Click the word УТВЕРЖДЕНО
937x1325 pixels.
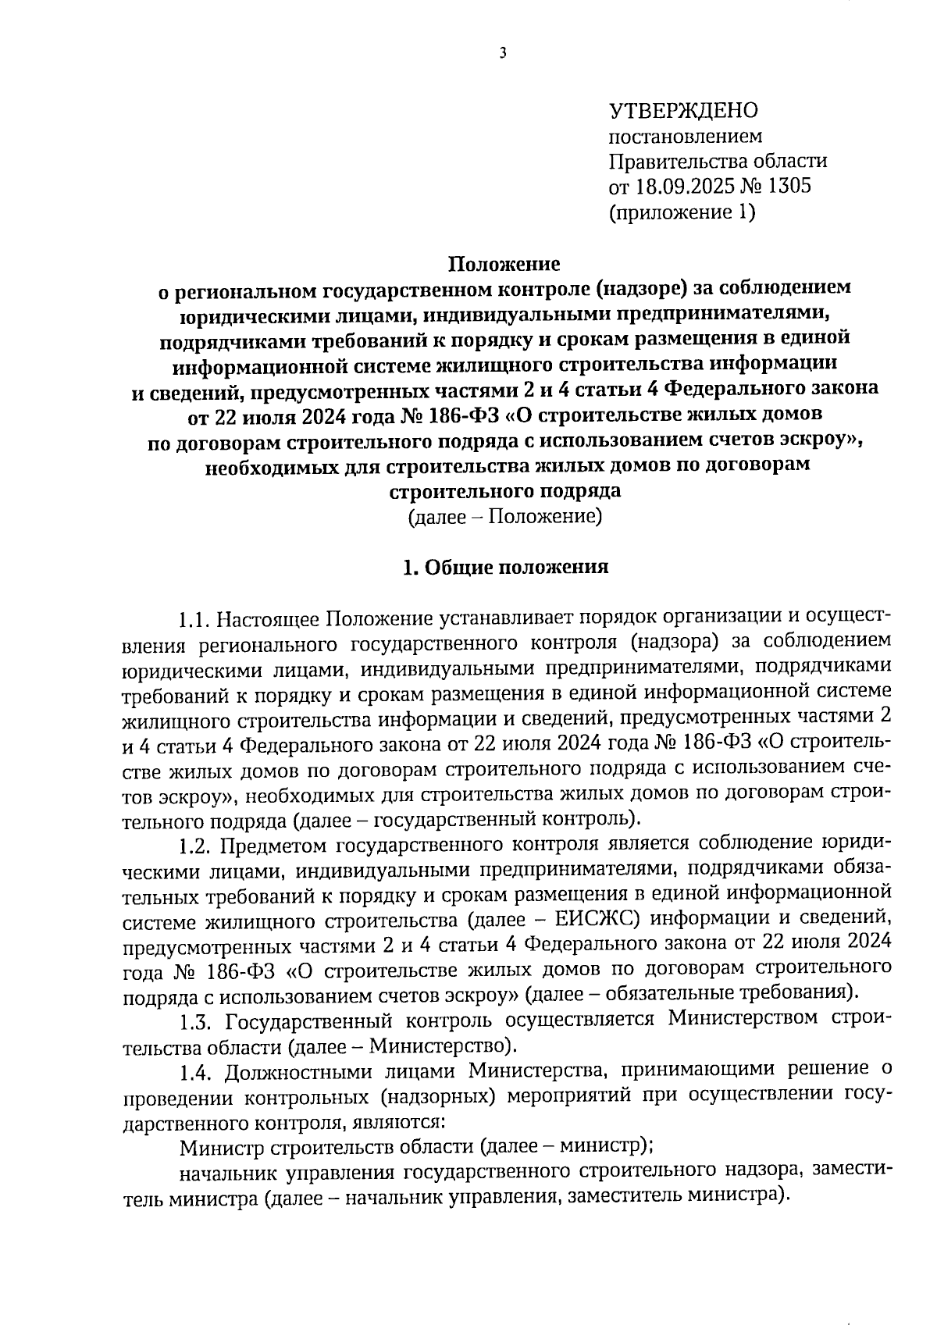(x=682, y=111)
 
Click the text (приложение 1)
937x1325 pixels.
(x=682, y=212)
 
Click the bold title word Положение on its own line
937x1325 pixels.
(x=504, y=263)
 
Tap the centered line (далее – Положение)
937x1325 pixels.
(x=504, y=517)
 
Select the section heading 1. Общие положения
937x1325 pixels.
(x=504, y=568)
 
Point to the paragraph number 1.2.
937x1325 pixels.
(x=195, y=845)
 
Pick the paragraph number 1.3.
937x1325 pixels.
(x=196, y=1020)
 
